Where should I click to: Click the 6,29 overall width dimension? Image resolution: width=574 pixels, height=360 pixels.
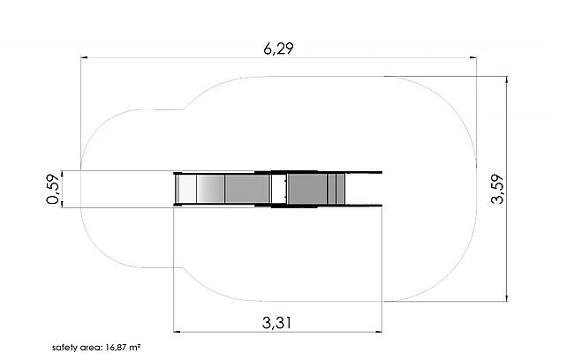(x=278, y=49)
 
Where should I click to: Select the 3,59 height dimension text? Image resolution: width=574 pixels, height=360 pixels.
(x=497, y=189)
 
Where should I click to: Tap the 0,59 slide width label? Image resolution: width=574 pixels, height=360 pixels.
(x=52, y=189)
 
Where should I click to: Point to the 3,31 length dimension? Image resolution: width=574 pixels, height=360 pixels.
(x=277, y=323)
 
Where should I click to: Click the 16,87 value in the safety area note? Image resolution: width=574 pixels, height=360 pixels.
(x=117, y=347)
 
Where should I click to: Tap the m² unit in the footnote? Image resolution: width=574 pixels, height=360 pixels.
(x=135, y=347)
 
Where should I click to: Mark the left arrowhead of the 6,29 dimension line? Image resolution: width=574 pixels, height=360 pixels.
(x=84, y=57)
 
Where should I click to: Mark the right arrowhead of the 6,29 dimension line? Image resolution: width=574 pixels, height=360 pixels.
(x=473, y=57)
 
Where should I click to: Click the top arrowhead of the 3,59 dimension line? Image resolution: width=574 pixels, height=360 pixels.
(x=507, y=79)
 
